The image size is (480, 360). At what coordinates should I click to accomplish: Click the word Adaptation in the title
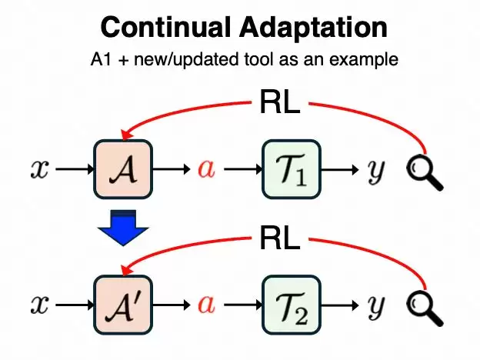click(x=305, y=28)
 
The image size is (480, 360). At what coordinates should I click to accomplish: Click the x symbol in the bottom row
click(x=40, y=305)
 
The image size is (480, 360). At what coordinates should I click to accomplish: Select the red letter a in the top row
click(x=205, y=170)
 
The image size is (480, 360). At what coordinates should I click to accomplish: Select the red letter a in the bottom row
click(x=205, y=305)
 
